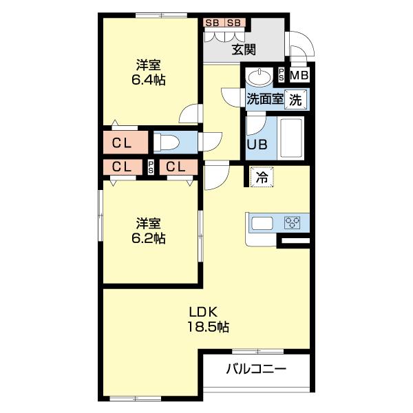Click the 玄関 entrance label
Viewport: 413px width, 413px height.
pos(244,49)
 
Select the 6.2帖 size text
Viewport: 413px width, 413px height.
pos(149,237)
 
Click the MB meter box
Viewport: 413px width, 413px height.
pos(299,76)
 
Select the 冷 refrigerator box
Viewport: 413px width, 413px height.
pos(262,177)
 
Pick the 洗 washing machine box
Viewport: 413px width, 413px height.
pos(295,98)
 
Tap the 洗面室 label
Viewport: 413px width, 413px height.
pos(265,98)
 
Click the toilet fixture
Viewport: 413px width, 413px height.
pos(167,142)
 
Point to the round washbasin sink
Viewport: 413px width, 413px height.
pos(262,75)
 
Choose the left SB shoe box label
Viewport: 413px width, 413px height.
pos(212,22)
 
